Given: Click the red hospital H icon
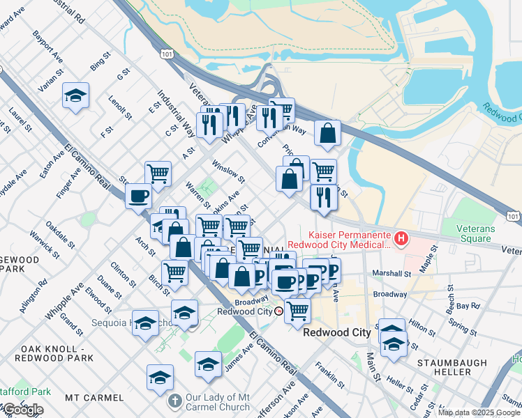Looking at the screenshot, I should [401, 240].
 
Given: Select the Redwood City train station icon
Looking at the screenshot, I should [278, 311].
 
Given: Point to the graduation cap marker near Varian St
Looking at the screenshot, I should [75, 96].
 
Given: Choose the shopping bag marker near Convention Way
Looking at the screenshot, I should [327, 134].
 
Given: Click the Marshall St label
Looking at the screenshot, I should [391, 274].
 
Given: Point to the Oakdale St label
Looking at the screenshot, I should [61, 235].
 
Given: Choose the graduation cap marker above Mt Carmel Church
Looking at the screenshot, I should [160, 378].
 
